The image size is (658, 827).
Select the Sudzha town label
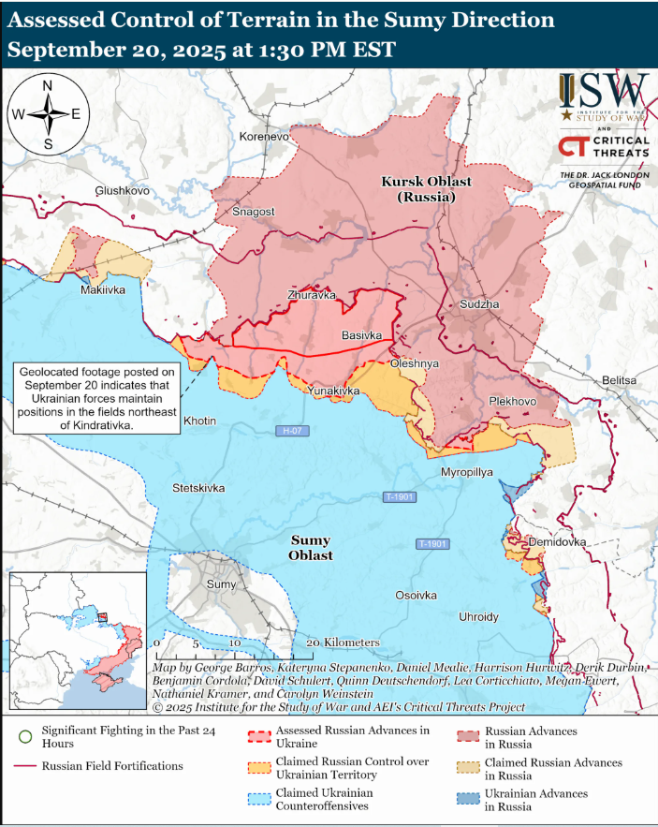click(x=480, y=305)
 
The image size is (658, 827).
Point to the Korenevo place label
click(x=265, y=137)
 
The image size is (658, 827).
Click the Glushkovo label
click(x=123, y=190)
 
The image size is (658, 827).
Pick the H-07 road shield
click(x=292, y=431)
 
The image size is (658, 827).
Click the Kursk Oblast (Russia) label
click(x=426, y=189)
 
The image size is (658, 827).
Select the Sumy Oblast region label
click(x=311, y=548)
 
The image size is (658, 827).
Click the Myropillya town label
click(x=466, y=472)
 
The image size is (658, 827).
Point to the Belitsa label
click(x=620, y=380)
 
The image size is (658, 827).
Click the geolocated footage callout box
click(x=96, y=398)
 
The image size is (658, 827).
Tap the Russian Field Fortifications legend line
click(x=25, y=766)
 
